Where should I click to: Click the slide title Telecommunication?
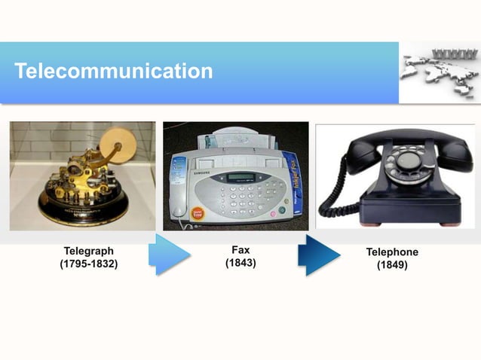point(113,72)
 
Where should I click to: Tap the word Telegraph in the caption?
point(89,252)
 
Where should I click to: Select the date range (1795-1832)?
point(89,264)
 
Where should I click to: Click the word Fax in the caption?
point(240,250)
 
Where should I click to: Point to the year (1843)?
point(240,263)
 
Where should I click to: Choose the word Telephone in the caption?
point(392,252)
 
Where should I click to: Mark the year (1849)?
point(392,265)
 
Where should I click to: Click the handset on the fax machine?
point(179,188)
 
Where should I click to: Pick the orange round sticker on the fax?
point(198,213)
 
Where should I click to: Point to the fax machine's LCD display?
point(240,178)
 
